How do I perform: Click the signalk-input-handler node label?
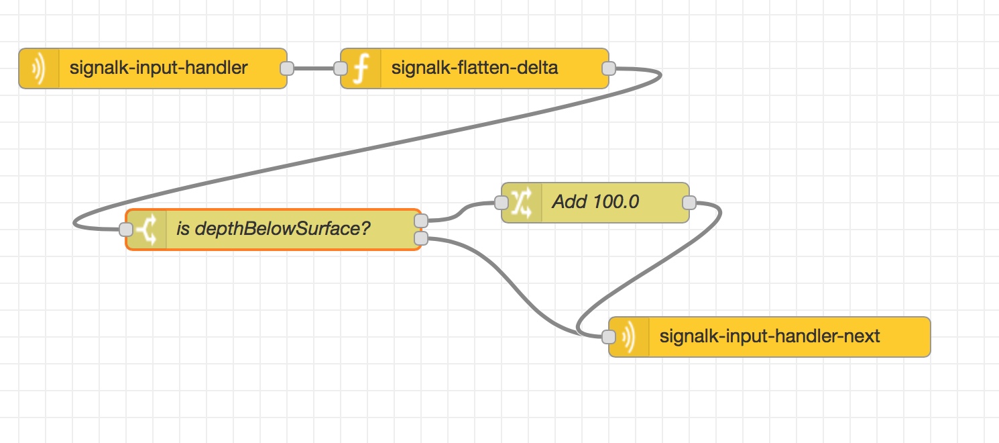tap(159, 68)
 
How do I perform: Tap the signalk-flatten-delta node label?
tap(474, 68)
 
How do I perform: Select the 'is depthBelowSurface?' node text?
tap(273, 229)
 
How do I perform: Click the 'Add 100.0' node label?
tap(595, 202)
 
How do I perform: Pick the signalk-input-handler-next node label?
tap(770, 336)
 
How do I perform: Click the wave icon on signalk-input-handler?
tap(39, 68)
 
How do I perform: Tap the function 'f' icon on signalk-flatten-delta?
tap(361, 68)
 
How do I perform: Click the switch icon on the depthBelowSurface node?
tap(147, 230)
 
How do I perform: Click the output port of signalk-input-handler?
tap(287, 68)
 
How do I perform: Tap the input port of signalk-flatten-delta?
tap(341, 68)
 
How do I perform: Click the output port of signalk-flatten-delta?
tap(609, 68)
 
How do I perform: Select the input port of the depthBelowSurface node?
tap(126, 230)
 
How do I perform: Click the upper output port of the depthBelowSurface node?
tap(421, 221)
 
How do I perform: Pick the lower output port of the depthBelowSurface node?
tap(421, 238)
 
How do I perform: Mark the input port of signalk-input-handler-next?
tap(609, 337)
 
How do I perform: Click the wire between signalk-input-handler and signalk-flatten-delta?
tap(314, 68)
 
